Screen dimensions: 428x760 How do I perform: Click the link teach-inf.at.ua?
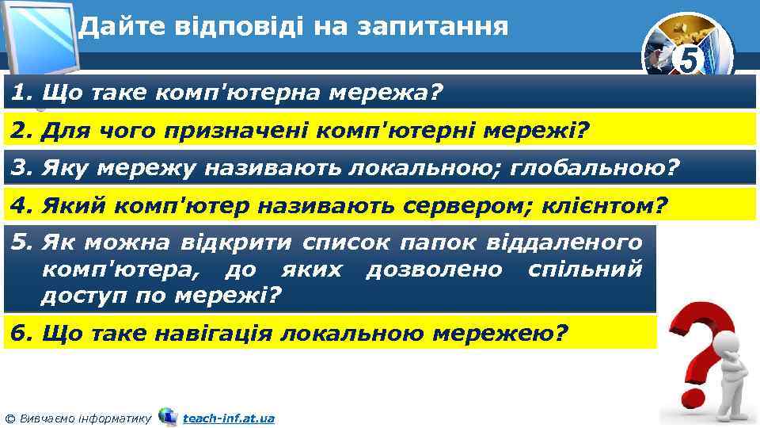[x=229, y=418]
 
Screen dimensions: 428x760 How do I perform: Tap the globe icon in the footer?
[x=168, y=416]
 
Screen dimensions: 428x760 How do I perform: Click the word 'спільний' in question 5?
[x=585, y=269]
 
